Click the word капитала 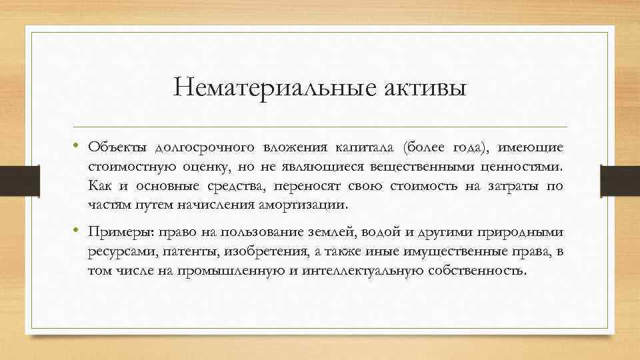click(x=369, y=147)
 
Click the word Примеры click(x=119, y=232)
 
